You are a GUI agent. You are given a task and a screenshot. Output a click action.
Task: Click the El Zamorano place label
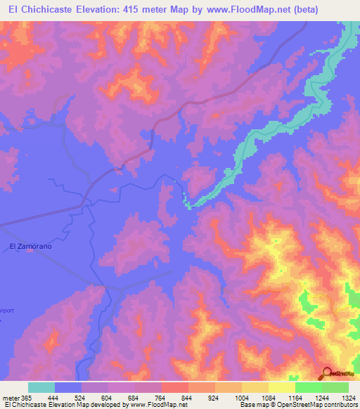pyautogui.click(x=31, y=246)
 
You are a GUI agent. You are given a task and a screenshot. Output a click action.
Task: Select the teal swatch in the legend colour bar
pyautogui.click(x=41, y=387)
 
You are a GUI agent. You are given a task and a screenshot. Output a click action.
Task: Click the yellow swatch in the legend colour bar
pyautogui.click(x=282, y=387)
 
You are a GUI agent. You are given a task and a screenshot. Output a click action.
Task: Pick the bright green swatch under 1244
pyautogui.click(x=309, y=387)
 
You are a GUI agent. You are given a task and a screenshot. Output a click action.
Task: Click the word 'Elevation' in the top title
pyautogui.click(x=102, y=9)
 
